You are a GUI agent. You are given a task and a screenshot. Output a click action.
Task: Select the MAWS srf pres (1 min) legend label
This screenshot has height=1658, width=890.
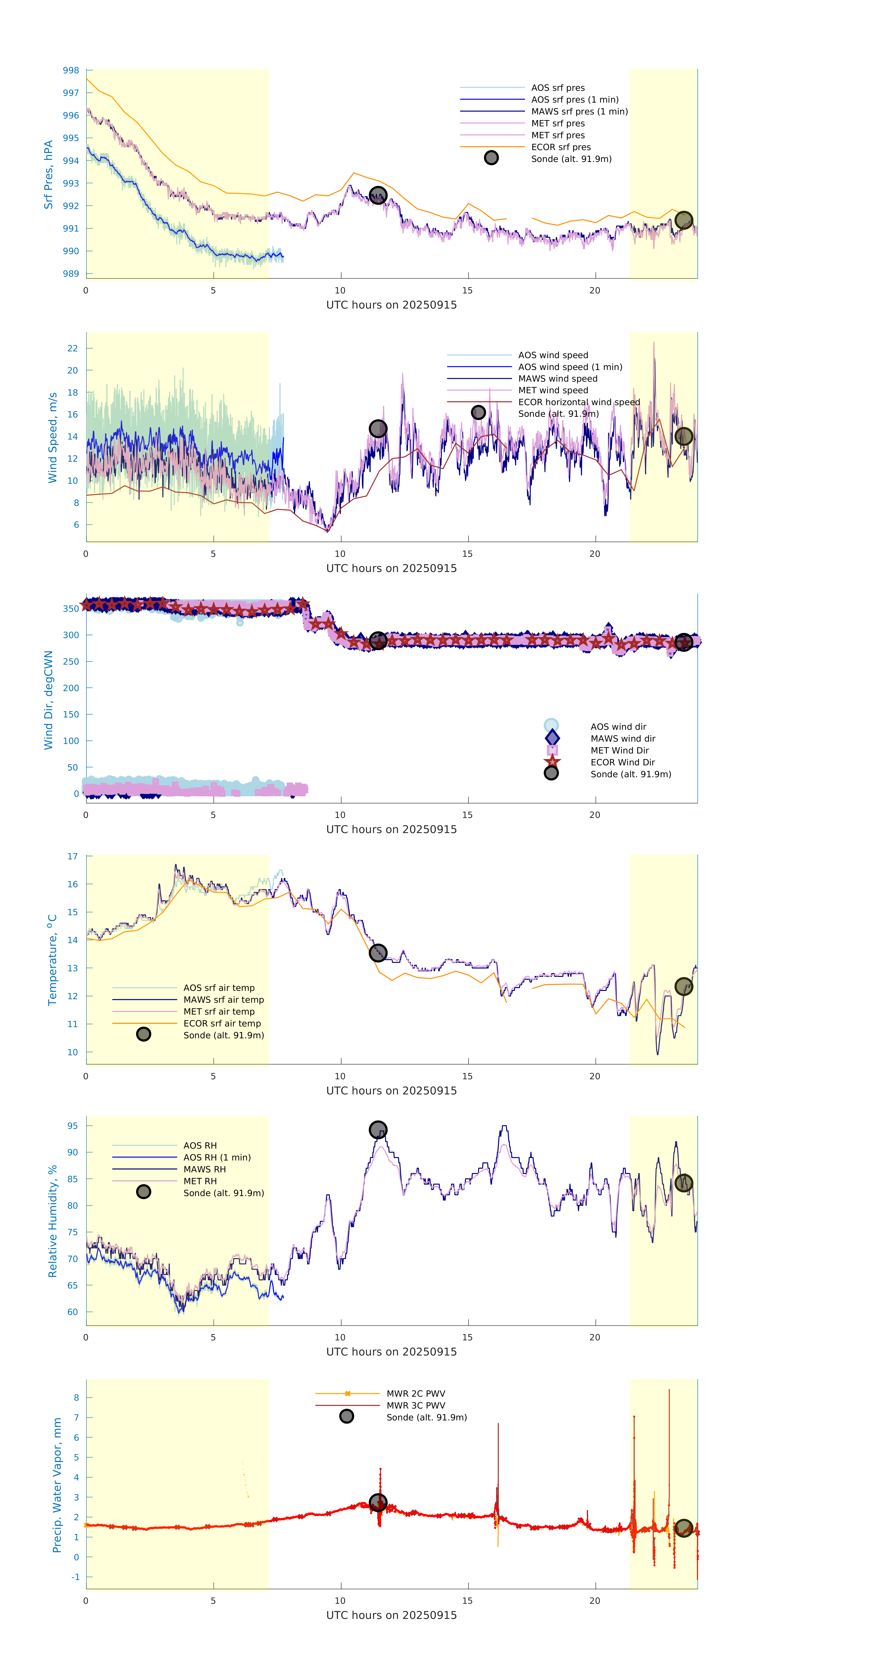click(x=579, y=111)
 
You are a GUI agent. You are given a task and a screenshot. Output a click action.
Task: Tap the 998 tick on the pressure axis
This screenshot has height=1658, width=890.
click(x=71, y=70)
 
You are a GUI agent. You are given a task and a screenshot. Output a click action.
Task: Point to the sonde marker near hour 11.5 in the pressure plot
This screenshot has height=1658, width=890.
click(x=378, y=195)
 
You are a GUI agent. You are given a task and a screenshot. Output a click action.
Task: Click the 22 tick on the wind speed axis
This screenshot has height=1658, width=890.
click(x=73, y=348)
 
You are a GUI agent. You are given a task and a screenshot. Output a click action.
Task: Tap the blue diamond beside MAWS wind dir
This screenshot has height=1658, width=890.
click(x=551, y=738)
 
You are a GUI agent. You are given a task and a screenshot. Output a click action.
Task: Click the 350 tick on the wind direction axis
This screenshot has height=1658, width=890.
click(x=71, y=608)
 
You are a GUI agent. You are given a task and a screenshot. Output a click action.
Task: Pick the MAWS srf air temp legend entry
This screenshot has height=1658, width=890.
click(x=223, y=999)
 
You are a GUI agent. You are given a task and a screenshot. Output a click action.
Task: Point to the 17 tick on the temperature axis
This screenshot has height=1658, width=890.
click(x=73, y=857)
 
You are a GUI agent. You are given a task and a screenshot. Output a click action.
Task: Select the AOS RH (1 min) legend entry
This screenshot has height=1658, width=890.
click(x=217, y=1157)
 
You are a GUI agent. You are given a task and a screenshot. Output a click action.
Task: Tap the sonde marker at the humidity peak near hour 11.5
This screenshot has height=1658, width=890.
click(x=378, y=1130)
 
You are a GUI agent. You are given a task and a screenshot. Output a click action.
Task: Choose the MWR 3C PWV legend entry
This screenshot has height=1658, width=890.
click(x=416, y=1406)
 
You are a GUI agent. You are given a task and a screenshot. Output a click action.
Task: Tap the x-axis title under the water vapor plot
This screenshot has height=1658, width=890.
click(x=391, y=1615)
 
